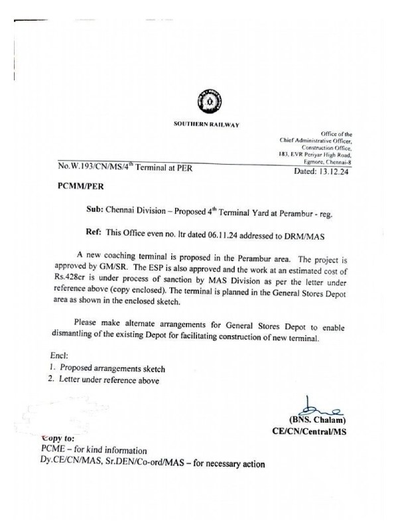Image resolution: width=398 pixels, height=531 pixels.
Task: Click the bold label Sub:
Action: [x=96, y=208]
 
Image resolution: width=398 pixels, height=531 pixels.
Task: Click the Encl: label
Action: [x=60, y=355]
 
